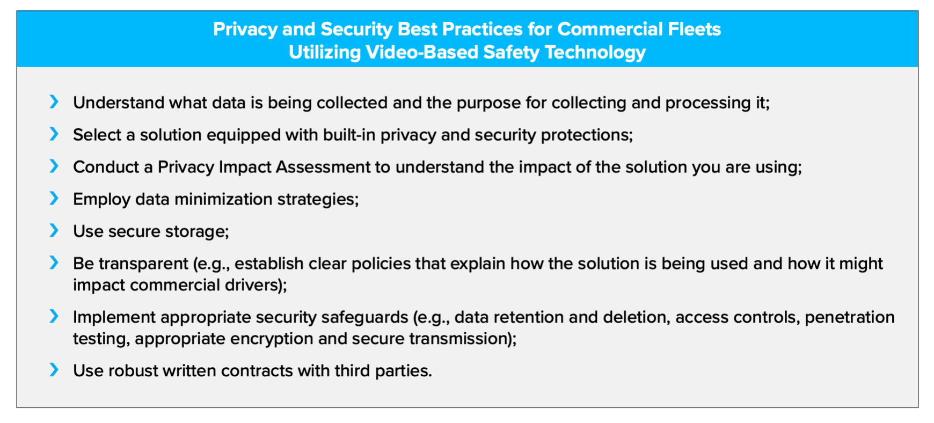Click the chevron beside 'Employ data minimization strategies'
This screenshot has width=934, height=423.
click(x=54, y=198)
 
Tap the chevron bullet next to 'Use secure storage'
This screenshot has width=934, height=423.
click(x=54, y=230)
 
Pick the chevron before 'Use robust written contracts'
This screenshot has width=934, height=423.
click(x=54, y=370)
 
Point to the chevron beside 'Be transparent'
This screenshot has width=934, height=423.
click(x=54, y=262)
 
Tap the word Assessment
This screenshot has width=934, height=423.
click(x=323, y=167)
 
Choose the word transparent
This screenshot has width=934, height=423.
click(x=143, y=264)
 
